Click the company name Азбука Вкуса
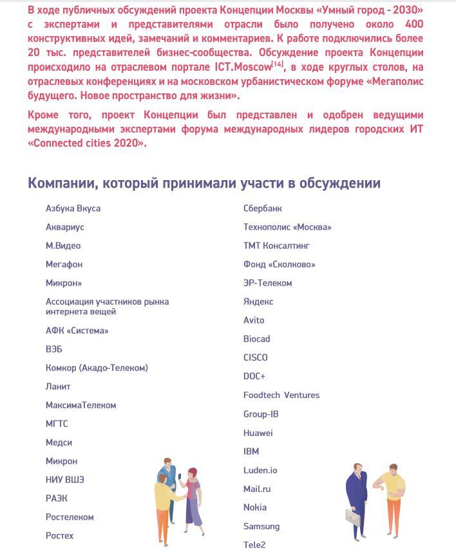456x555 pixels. pyautogui.click(x=73, y=208)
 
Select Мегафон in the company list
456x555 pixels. pyautogui.click(x=64, y=264)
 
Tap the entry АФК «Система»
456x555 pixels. pyautogui.click(x=77, y=331)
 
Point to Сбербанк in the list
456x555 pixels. pyautogui.click(x=262, y=208)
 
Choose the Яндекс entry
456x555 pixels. pyautogui.click(x=258, y=302)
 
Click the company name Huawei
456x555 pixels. pyautogui.click(x=258, y=433)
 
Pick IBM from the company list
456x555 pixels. pyautogui.click(x=251, y=451)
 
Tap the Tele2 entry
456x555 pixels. pyautogui.click(x=254, y=545)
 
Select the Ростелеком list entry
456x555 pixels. pyautogui.click(x=70, y=517)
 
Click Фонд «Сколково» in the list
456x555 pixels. pyautogui.click(x=279, y=264)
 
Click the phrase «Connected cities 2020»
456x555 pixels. pyautogui.click(x=86, y=143)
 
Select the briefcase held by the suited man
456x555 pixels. pyautogui.click(x=352, y=516)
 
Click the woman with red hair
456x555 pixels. pyautogui.click(x=194, y=495)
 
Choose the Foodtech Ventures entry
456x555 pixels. pyautogui.click(x=281, y=396)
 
